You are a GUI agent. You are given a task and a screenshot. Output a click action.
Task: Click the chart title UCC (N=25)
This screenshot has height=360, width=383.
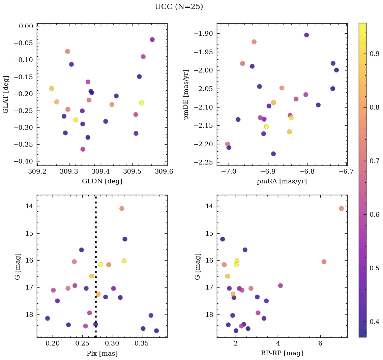(x=179, y=7)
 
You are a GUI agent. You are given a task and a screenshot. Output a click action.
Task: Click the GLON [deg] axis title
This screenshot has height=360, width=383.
(x=102, y=181)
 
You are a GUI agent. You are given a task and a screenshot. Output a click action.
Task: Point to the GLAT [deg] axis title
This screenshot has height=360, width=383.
(x=6, y=94)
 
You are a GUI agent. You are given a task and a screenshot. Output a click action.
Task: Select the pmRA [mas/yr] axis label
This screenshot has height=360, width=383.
(x=282, y=181)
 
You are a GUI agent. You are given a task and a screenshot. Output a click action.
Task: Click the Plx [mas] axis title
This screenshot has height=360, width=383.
(x=102, y=354)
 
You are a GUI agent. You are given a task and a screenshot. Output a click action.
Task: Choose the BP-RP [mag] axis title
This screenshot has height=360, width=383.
(x=282, y=354)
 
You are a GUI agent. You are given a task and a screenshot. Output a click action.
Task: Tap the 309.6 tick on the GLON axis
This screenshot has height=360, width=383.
(x=164, y=172)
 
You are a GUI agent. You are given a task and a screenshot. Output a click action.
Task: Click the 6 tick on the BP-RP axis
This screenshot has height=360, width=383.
(x=320, y=344)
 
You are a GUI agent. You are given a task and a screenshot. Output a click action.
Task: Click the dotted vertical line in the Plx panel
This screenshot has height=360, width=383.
(x=95, y=236)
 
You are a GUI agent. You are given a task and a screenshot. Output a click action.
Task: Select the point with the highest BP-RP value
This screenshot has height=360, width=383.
(x=341, y=208)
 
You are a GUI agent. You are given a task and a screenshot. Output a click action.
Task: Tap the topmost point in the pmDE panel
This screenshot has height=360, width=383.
(x=306, y=35)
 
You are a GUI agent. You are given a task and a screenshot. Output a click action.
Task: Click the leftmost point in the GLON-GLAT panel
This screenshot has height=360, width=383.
(x=52, y=88)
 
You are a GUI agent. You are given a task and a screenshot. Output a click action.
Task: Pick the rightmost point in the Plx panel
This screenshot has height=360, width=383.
(x=156, y=331)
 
